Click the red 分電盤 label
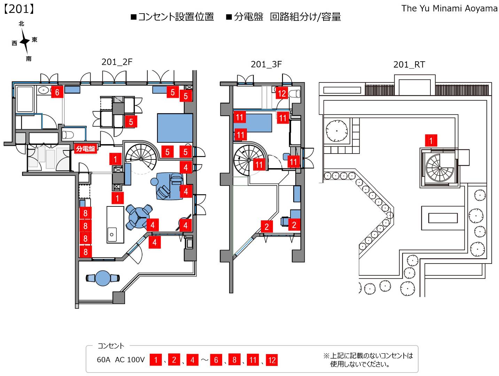pos(85,149)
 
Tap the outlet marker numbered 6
pos(57,92)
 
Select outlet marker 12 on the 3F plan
pos(282,93)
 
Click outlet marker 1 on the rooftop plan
pos(431,141)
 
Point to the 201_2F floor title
pos(117,62)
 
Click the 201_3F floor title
pos(266,64)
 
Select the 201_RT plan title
pos(409,64)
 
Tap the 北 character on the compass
pos(22,24)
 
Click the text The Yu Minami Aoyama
pos(449,8)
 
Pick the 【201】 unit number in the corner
pos(19,9)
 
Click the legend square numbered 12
pos(272,360)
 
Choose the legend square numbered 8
pos(234,360)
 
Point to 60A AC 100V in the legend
pos(120,360)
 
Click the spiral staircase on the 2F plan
pos(141,158)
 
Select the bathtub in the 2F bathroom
pos(25,99)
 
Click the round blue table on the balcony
pos(103,278)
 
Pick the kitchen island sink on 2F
pos(112,234)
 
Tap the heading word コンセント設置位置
pos(176,17)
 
